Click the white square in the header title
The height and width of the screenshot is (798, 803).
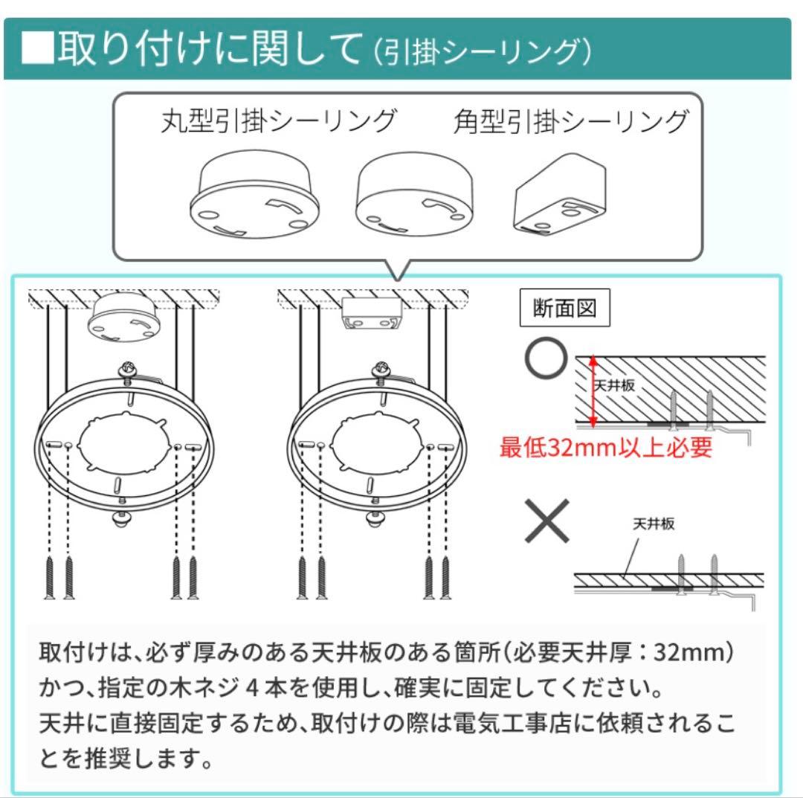pyautogui.click(x=36, y=49)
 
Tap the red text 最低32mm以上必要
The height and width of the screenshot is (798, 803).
pyautogui.click(x=605, y=448)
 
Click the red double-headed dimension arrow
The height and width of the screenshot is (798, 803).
pyautogui.click(x=593, y=391)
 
